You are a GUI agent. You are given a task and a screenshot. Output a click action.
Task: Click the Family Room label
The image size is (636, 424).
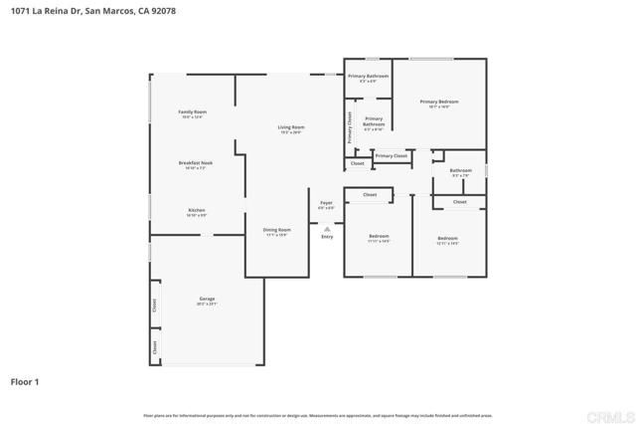click(x=192, y=112)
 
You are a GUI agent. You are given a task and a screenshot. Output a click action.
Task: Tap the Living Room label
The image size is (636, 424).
click(x=290, y=127)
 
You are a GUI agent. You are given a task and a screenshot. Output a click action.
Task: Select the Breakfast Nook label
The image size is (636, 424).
click(x=196, y=163)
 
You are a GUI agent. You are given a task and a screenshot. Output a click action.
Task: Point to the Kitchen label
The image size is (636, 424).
click(x=197, y=210)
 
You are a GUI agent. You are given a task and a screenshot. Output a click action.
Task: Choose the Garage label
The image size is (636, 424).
click(x=207, y=299)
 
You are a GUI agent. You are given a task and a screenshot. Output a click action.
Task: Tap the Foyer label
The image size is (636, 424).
click(x=326, y=203)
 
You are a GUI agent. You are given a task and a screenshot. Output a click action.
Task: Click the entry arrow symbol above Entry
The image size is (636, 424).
click(x=327, y=228)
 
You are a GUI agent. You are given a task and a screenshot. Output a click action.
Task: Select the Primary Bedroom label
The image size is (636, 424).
click(x=438, y=102)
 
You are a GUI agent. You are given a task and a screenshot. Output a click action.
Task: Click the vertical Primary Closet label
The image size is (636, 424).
click(x=350, y=128)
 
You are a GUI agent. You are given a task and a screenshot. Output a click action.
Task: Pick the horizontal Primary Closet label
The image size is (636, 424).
click(x=392, y=155)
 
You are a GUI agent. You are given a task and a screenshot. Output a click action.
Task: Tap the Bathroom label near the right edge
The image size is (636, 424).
click(x=460, y=170)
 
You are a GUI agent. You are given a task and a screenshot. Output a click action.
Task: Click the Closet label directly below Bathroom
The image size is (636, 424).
click(x=459, y=202)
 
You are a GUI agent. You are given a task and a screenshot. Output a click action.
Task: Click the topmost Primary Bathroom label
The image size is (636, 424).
click(x=367, y=76)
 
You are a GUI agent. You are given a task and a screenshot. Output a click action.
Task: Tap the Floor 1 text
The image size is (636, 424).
click(x=25, y=381)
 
